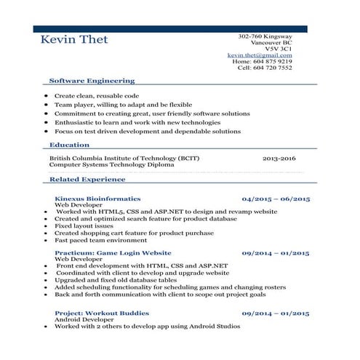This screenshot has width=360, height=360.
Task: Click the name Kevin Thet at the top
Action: coord(74,39)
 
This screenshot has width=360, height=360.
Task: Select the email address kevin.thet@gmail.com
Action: coord(260,55)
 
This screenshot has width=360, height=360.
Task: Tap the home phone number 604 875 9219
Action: coord(273,62)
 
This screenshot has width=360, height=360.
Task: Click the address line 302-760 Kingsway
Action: coord(265,36)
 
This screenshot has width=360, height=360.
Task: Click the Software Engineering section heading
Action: coord(92,81)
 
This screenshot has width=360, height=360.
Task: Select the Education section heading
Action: coord(70,145)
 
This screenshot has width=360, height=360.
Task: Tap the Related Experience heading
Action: coord(87,179)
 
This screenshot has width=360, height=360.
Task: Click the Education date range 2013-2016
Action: coord(279,158)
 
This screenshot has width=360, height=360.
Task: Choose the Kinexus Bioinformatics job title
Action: coord(97,199)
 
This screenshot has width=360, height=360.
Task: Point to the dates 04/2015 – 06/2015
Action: coord(276,199)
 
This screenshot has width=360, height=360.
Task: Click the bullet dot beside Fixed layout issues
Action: coord(47,226)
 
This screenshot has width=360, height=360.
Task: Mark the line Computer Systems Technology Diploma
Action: coord(111,165)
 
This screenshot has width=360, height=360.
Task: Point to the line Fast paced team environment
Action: coord(100,240)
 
